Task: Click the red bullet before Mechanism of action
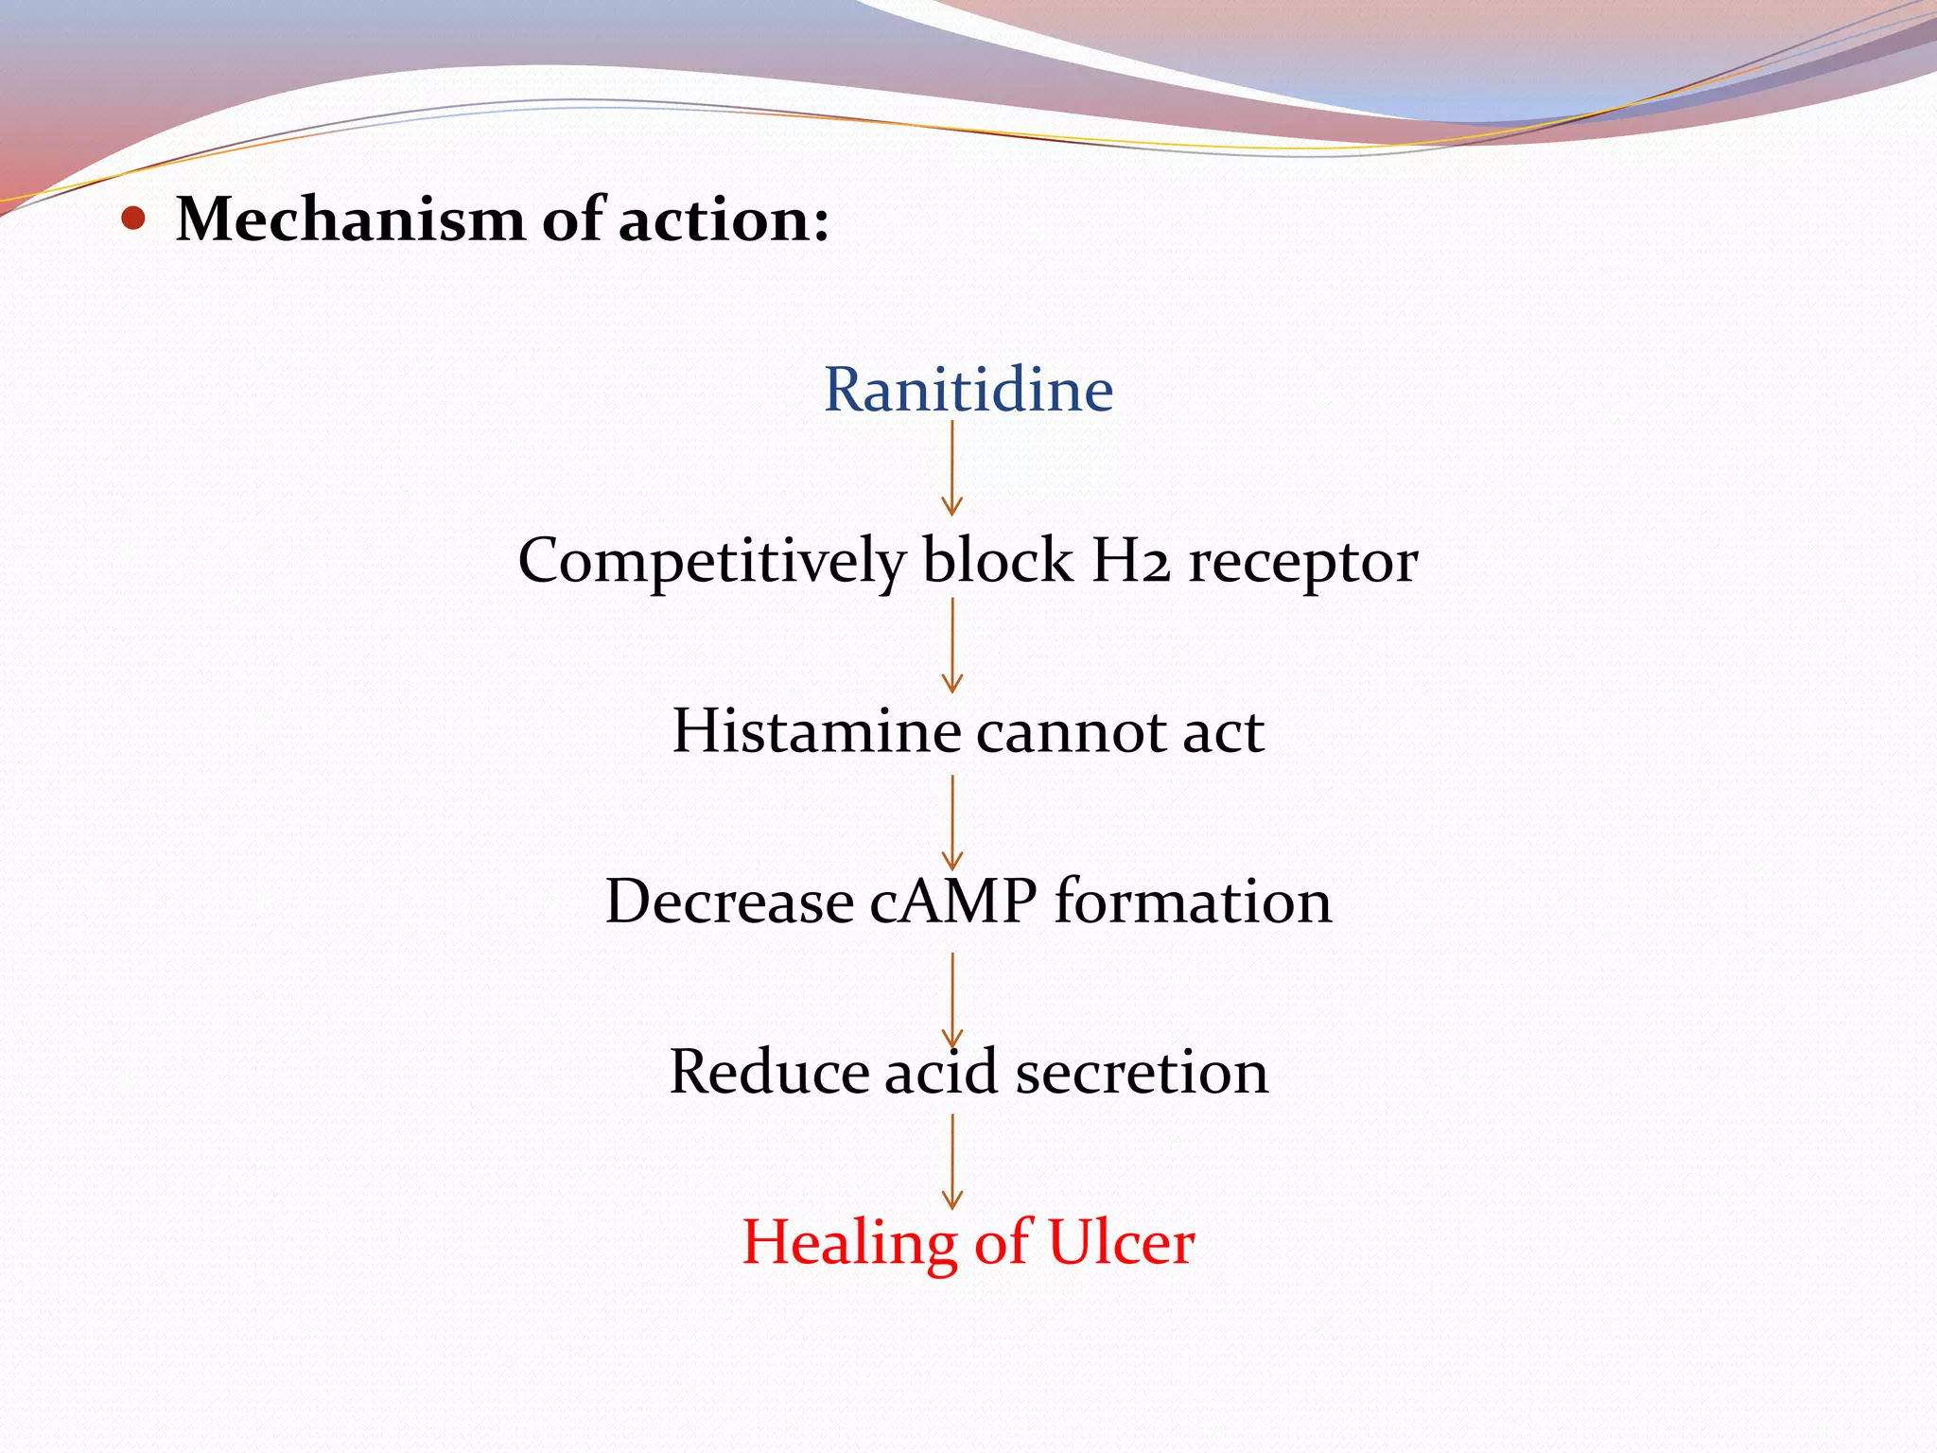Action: click(134, 219)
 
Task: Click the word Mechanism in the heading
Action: click(350, 219)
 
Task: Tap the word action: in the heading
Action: click(724, 219)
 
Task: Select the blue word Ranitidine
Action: click(968, 389)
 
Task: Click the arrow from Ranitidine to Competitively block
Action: click(952, 468)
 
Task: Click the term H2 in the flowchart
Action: click(1130, 560)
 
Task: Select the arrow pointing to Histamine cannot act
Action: click(952, 645)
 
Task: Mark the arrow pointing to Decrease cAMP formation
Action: click(952, 822)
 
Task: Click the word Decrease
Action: click(728, 901)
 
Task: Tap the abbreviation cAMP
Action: click(952, 901)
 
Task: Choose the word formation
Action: click(1194, 901)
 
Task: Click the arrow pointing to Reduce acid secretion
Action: click(952, 1000)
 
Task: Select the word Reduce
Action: click(769, 1072)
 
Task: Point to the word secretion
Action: click(1142, 1072)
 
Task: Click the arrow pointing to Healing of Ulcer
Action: click(952, 1162)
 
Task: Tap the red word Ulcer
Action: click(1122, 1242)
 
